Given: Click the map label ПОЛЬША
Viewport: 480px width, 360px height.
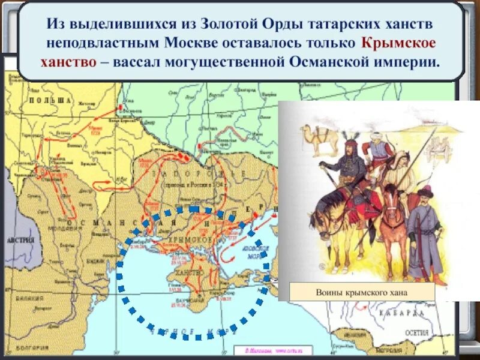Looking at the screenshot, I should [x=49, y=100].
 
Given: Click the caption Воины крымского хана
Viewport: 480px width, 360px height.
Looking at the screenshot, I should [x=361, y=292].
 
